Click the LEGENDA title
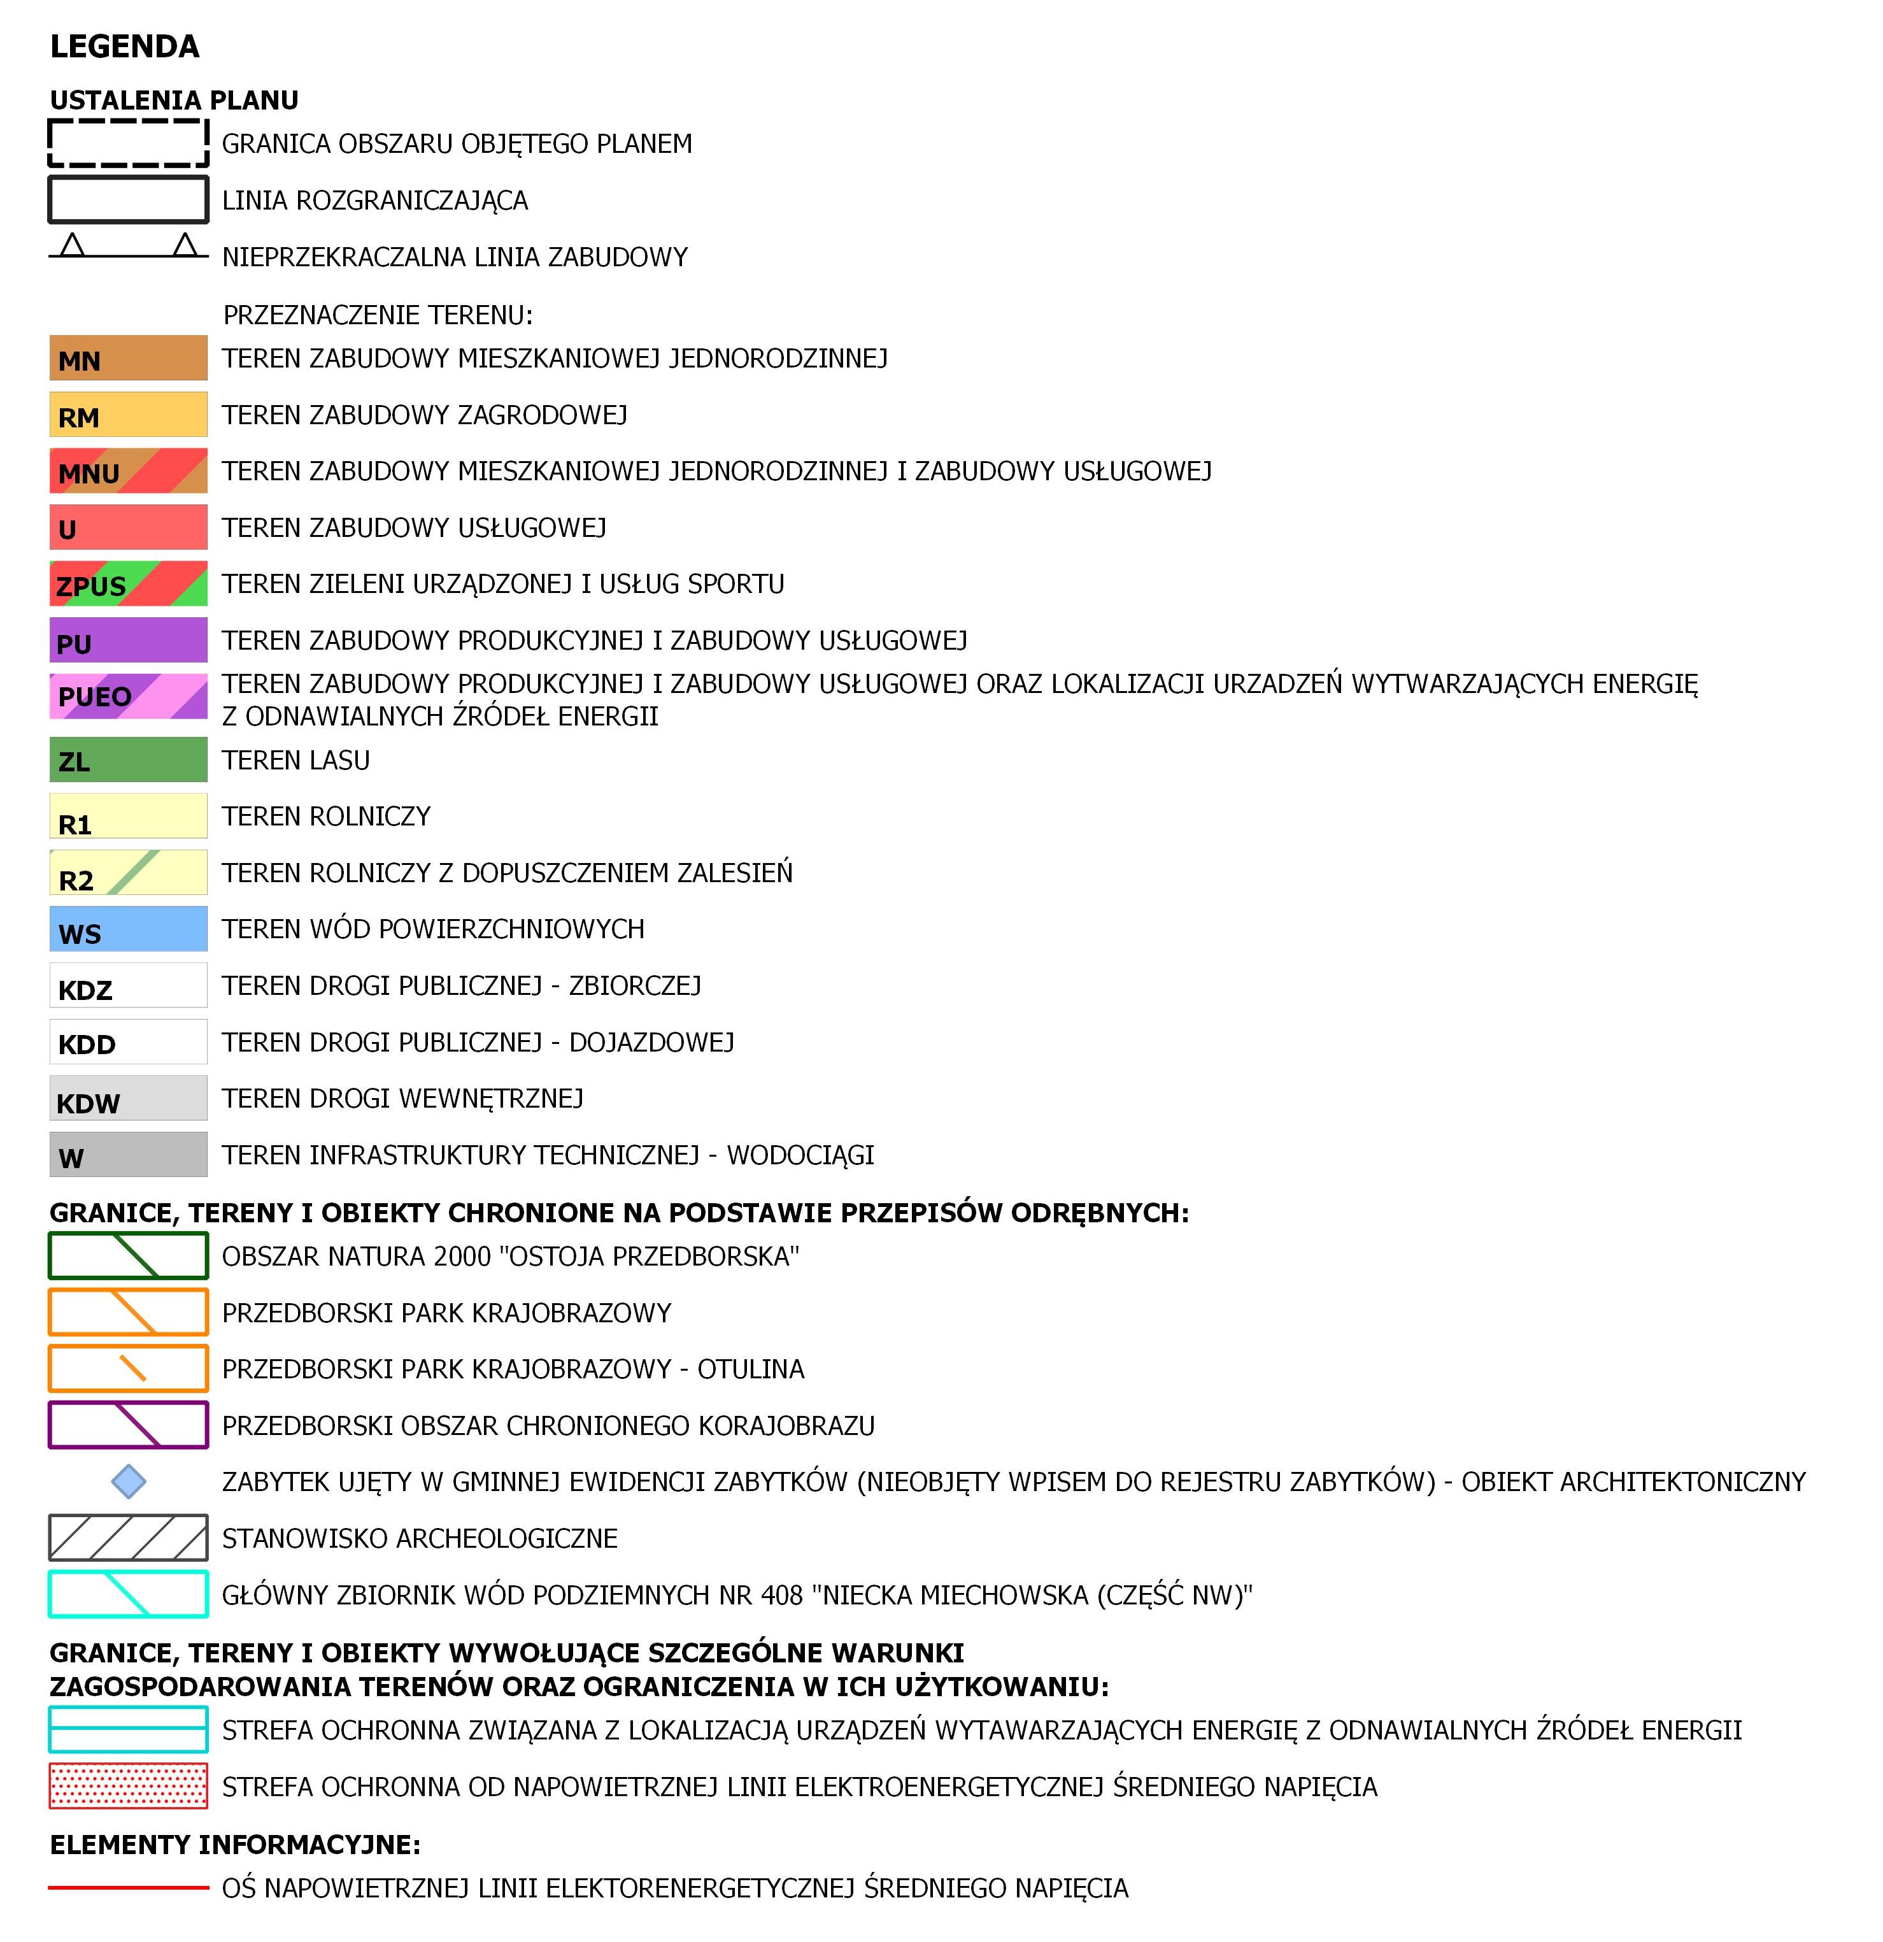point(125,46)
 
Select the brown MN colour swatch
point(128,358)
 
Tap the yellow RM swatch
point(128,414)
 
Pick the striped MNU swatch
point(128,471)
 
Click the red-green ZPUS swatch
point(128,583)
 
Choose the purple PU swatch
point(128,640)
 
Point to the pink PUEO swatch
point(128,697)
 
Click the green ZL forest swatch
point(128,760)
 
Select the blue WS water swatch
point(128,929)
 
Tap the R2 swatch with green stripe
point(128,873)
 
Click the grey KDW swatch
point(128,1099)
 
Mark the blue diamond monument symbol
point(129,1482)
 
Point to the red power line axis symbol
point(128,1887)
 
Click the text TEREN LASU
point(296,760)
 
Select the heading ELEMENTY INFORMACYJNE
point(235,1845)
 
